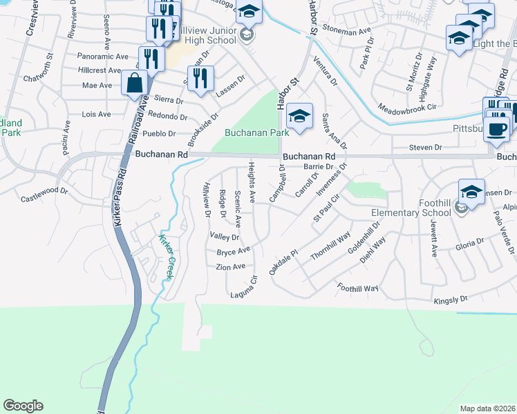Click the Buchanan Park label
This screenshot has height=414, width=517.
pos(256,132)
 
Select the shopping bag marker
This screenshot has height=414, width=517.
pos(135,84)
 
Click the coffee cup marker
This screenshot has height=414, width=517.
pos(496,129)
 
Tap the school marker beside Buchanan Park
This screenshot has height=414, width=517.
pos(299,117)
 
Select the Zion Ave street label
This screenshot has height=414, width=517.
pos(230,266)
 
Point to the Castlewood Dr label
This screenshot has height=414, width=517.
pos(44,190)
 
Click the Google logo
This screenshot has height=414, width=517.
pos(23,406)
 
